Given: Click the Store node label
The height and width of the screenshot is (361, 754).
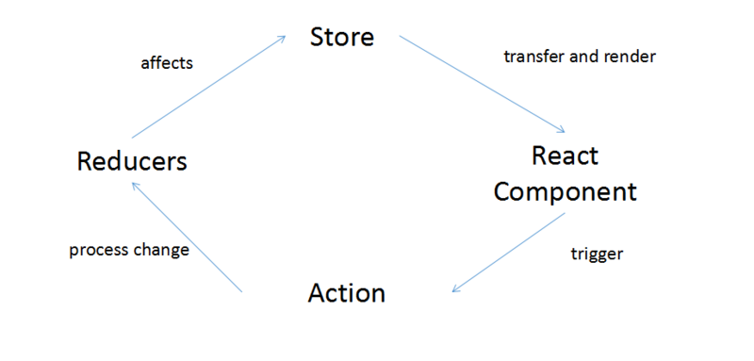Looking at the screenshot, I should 343,38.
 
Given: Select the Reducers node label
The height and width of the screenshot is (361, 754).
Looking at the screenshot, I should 132,161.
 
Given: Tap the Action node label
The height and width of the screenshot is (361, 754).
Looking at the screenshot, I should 347,293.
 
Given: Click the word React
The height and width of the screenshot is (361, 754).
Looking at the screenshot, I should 565,156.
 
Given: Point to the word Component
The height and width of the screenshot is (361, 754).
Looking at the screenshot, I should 565,191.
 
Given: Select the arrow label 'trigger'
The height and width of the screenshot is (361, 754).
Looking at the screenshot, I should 598,254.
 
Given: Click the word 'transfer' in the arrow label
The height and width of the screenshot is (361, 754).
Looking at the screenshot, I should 534,57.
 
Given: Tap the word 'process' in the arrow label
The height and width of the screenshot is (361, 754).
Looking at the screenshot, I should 98,251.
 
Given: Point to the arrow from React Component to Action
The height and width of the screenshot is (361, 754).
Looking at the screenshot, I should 509,252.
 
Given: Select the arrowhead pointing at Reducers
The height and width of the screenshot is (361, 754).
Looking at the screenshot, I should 135,185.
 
